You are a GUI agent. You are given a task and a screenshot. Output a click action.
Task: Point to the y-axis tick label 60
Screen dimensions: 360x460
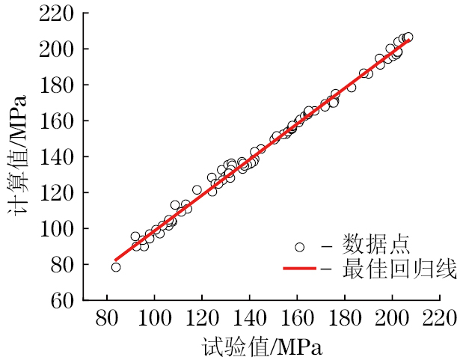pyautogui.click(x=61, y=300)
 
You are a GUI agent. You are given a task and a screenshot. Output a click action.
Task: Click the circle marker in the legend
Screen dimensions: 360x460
pyautogui.click(x=300, y=246)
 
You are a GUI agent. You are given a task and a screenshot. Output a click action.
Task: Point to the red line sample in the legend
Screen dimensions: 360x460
pyautogui.click(x=301, y=269)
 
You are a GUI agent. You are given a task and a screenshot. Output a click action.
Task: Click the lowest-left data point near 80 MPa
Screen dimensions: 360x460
pyautogui.click(x=116, y=267)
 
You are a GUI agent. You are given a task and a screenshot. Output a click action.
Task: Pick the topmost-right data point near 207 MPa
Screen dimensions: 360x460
pyautogui.click(x=408, y=37)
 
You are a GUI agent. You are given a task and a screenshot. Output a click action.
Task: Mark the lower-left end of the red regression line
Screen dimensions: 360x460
pyautogui.click(x=115, y=260)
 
